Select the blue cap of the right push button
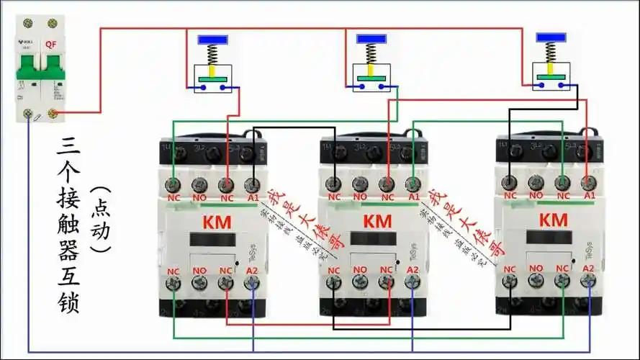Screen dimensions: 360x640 point(549,37)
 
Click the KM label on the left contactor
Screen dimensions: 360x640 point(217,222)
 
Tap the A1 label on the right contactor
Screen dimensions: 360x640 point(590,195)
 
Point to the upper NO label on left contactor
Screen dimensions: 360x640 point(199,197)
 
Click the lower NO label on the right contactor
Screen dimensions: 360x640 point(536,269)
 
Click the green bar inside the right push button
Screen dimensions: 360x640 point(549,76)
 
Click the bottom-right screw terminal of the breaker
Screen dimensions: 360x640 point(52,113)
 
